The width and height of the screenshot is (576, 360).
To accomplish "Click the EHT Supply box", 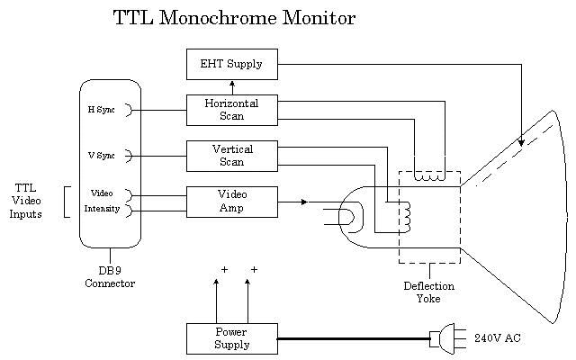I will [x=232, y=64].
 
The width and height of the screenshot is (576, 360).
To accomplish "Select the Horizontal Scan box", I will [x=232, y=110].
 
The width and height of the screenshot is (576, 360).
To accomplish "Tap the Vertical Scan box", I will [x=232, y=156].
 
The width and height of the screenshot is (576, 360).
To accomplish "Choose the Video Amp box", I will [x=232, y=202].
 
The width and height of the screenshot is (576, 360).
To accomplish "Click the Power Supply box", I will [x=232, y=338].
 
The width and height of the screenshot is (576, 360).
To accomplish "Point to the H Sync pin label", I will [x=101, y=110].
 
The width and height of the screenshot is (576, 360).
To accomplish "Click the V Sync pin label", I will [x=101, y=156].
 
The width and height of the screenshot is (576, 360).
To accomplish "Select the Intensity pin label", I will [x=102, y=209].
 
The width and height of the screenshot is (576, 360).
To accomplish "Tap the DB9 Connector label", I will [x=110, y=277].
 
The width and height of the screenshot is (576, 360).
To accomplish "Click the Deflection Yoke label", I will [x=428, y=292].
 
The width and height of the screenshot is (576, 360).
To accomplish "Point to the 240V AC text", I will [x=497, y=338].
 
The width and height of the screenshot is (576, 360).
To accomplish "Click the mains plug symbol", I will [x=445, y=338].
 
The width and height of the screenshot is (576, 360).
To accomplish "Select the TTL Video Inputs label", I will [x=25, y=201].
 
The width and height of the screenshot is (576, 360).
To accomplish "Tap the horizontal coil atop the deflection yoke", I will [x=429, y=176].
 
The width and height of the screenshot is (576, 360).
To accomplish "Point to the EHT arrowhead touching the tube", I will [x=521, y=141].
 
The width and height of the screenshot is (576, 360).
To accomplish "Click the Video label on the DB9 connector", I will [x=102, y=193].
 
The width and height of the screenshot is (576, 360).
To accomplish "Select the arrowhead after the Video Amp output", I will [x=303, y=202].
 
